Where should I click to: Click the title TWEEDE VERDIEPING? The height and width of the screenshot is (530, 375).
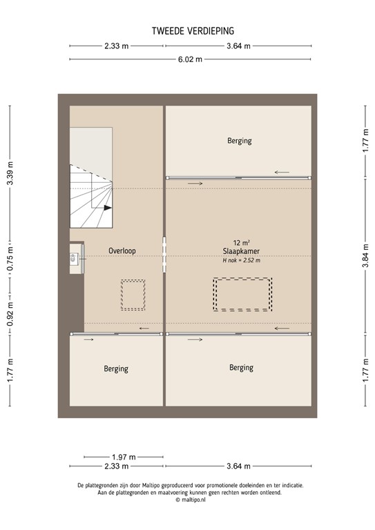(x=193, y=30)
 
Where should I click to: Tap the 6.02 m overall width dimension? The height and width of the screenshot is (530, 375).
(x=191, y=59)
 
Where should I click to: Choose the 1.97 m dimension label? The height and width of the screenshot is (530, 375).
(x=124, y=457)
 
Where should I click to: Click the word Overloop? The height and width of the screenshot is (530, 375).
(x=122, y=251)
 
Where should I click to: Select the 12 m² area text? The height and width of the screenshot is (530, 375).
(x=241, y=243)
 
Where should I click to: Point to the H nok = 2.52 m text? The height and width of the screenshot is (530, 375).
(x=241, y=260)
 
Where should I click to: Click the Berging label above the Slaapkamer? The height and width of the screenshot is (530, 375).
(x=240, y=141)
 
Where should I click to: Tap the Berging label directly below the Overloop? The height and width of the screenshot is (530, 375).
(x=116, y=369)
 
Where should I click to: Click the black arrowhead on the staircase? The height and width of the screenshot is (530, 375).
(x=107, y=207)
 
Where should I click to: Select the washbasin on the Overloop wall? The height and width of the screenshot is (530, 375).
(x=74, y=259)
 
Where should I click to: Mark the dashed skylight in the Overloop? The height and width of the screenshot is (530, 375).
(x=133, y=295)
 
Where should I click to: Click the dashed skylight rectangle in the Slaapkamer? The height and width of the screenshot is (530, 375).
(x=242, y=295)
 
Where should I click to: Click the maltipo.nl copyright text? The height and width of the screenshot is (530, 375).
(x=190, y=500)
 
